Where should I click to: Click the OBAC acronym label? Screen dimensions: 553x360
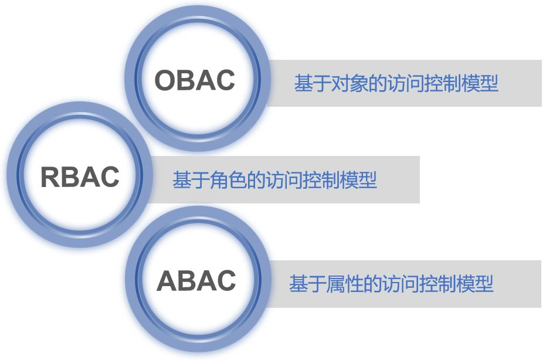tap(195, 80)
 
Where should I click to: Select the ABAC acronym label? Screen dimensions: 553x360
tap(196, 281)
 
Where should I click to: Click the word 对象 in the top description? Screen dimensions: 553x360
tap(350, 83)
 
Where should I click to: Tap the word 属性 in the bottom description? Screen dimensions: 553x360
tap(344, 284)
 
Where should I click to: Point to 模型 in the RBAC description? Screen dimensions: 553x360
tap(358, 180)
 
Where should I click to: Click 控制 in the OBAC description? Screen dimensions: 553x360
tap(443, 83)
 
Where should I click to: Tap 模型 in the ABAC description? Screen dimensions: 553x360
tap(475, 284)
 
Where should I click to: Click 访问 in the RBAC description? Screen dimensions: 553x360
tap(283, 180)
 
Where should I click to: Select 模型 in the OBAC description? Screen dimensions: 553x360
tap(480, 83)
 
